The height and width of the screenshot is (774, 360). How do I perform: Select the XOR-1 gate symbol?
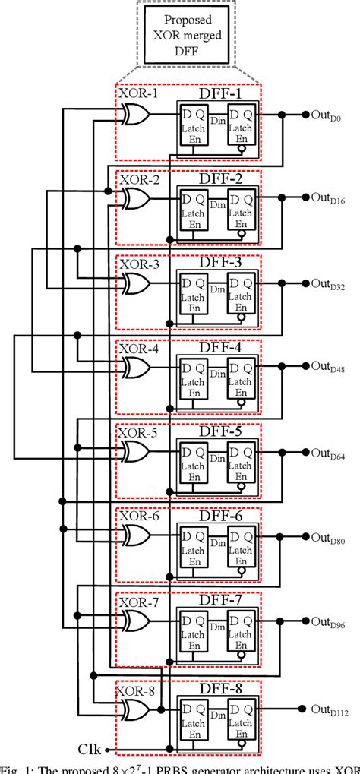[135, 114]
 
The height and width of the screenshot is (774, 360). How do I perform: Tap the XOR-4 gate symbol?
[135, 367]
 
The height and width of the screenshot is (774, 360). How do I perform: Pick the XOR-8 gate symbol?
[135, 709]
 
